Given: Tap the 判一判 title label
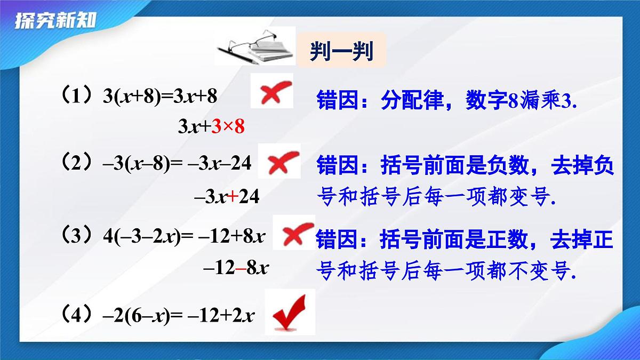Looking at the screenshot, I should pyautogui.click(x=341, y=52).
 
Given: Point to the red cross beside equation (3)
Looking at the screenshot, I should pyautogui.click(x=294, y=233).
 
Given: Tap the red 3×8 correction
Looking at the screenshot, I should pyautogui.click(x=228, y=126).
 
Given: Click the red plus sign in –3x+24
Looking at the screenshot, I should pyautogui.click(x=233, y=197).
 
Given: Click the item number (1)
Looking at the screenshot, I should pyautogui.click(x=78, y=97).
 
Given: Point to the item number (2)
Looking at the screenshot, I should pyautogui.click(x=78, y=163).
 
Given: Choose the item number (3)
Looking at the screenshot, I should pyautogui.click(x=78, y=235).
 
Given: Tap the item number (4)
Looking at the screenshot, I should pyautogui.click(x=78, y=315).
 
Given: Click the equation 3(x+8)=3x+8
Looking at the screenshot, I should pyautogui.click(x=161, y=97).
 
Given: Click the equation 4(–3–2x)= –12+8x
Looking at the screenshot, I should pyautogui.click(x=185, y=236).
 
